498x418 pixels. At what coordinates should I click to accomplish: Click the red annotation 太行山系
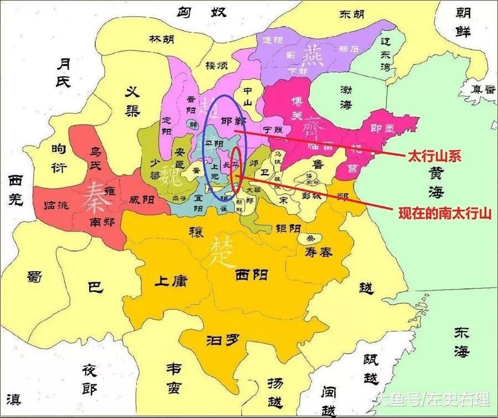434,157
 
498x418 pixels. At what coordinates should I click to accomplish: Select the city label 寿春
318,252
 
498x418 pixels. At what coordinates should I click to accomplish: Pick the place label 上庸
171,281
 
